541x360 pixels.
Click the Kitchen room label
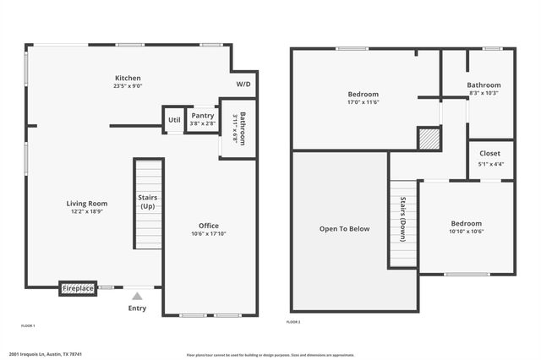(128, 78)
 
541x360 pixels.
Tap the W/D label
(243, 85)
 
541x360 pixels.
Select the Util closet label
(174, 120)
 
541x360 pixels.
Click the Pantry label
(202, 116)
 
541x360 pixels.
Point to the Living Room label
(87, 203)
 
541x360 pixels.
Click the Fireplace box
(78, 288)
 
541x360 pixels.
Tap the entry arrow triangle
(137, 296)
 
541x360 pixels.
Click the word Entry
(137, 308)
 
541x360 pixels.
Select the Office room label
(209, 226)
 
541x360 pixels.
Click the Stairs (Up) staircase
(147, 203)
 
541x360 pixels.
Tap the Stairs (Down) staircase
(404, 221)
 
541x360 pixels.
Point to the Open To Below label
(344, 229)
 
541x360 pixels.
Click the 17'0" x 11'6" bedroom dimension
(363, 102)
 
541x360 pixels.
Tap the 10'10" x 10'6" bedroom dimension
(467, 232)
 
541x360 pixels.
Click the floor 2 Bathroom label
(484, 85)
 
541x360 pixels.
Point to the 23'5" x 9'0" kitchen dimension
(128, 86)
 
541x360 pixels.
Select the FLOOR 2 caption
(293, 322)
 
